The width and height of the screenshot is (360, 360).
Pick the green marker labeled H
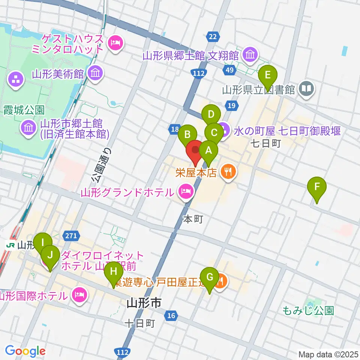point(114,270)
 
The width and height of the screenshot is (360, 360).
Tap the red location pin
point(195,151)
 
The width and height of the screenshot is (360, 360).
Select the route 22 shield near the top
point(213,36)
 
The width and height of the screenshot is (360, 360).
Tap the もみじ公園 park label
point(308,310)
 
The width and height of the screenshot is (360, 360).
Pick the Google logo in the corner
point(25,351)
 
